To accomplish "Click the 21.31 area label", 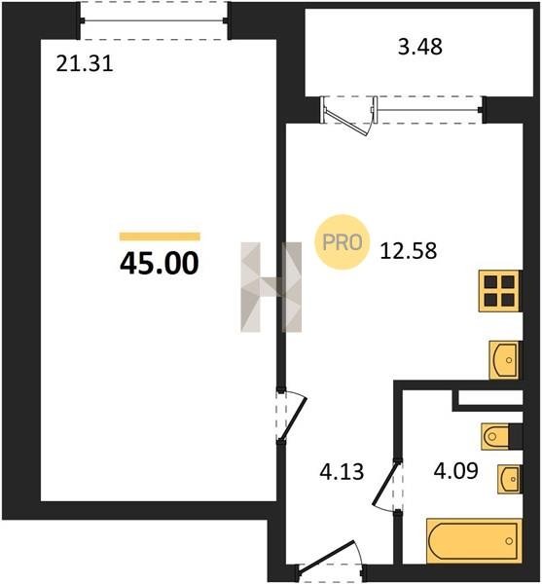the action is (x=85, y=64).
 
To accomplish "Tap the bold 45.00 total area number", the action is (x=160, y=264).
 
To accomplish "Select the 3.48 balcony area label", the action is (x=420, y=47).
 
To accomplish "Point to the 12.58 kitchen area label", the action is (x=409, y=251).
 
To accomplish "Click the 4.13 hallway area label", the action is (x=342, y=471).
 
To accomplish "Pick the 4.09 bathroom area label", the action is (x=456, y=470).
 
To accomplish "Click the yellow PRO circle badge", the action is (x=343, y=242).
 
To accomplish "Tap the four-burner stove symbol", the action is (x=499, y=291).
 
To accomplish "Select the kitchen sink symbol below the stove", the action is (x=504, y=360).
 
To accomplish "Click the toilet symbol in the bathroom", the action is (x=495, y=436).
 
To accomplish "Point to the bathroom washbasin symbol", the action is (x=509, y=479).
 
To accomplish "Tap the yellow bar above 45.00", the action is (x=160, y=237).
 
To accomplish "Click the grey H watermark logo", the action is (x=271, y=287).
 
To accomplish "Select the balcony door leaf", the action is (x=347, y=123).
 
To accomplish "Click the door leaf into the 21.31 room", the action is (x=293, y=417).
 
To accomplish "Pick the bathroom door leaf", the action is (x=385, y=485).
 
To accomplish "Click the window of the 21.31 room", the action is (x=154, y=20).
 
